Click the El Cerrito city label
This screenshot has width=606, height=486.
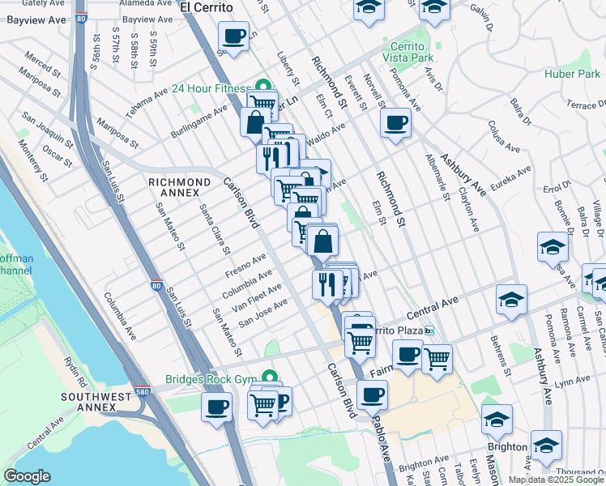click(x=207, y=7)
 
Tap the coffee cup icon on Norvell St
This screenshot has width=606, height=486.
click(x=395, y=123)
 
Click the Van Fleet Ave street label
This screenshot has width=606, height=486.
click(x=257, y=298)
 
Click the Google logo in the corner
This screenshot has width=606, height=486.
click(x=26, y=476)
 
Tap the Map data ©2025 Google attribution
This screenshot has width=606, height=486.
click(x=556, y=480)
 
